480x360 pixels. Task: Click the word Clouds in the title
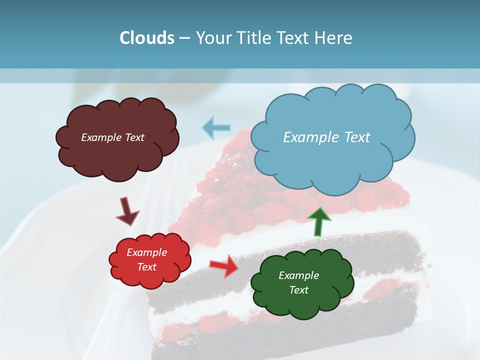146,38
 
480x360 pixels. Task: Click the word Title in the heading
251,38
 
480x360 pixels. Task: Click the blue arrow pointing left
216,127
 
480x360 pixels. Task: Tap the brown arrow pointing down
127,211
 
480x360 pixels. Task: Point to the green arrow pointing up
318,221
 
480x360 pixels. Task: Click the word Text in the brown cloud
133,137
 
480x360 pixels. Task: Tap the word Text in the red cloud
147,267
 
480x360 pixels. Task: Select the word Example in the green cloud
298,275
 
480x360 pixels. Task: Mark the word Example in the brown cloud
100,137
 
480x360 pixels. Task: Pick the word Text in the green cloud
298,290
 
